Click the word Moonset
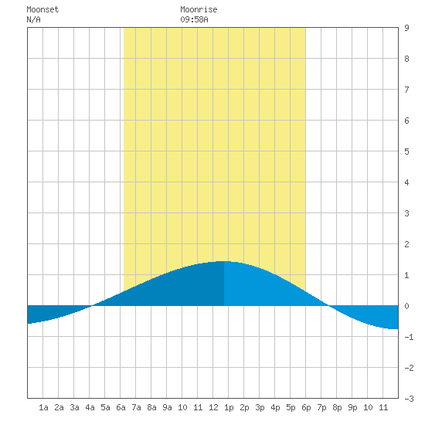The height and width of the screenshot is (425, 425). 42,9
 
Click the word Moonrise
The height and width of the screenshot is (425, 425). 199,9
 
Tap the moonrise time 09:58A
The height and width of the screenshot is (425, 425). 194,19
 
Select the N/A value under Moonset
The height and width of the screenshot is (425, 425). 33,19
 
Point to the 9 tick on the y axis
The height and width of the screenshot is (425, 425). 406,28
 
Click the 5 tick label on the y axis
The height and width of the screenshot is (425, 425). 406,151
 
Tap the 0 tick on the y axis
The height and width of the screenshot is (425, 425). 406,306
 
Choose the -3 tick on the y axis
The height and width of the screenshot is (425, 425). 409,399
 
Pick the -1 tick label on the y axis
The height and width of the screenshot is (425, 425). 409,337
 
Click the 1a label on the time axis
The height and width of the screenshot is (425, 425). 43,407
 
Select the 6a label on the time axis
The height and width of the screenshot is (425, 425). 121,407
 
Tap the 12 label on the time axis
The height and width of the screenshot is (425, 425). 213,407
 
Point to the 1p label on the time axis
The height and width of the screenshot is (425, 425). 229,407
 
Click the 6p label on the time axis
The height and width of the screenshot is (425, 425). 306,407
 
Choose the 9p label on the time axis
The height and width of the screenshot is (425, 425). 352,407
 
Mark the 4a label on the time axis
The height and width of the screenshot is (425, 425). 90,407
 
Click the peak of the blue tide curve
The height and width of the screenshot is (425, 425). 224,261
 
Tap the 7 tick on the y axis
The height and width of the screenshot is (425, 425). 406,90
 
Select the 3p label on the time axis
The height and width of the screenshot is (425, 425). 260,407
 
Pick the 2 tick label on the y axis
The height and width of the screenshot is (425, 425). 406,244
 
